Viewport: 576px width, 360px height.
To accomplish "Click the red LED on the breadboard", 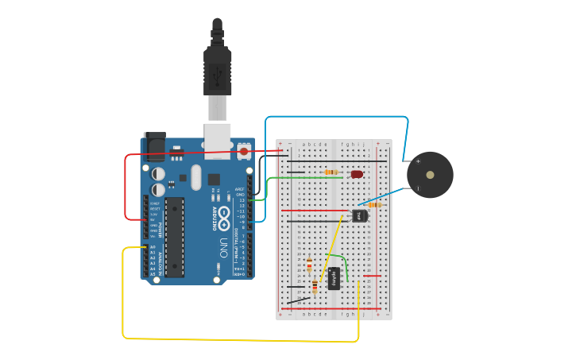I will coord(357,173).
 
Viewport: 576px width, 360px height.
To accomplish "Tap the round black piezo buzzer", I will coord(430,175).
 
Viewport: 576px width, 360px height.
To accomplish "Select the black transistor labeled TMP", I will coord(360,215).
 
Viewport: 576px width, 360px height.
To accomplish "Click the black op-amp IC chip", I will coord(334,278).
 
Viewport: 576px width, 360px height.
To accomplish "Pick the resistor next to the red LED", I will coord(331,172).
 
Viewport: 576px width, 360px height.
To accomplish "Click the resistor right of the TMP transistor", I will coord(374,205).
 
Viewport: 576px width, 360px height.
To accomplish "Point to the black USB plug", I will coord(217,68).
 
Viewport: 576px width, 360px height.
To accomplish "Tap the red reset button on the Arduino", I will coord(244,150).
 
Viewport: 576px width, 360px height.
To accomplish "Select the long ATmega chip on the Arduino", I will coord(175,238).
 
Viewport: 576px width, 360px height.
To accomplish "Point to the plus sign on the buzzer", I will coord(418,161).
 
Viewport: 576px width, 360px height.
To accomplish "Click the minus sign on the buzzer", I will coord(418,188).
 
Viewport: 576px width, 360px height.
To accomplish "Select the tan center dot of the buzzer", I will coord(430,175).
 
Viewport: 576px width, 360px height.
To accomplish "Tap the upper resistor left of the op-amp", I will coord(309,266).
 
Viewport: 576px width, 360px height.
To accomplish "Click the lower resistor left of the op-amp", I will coord(315,286).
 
